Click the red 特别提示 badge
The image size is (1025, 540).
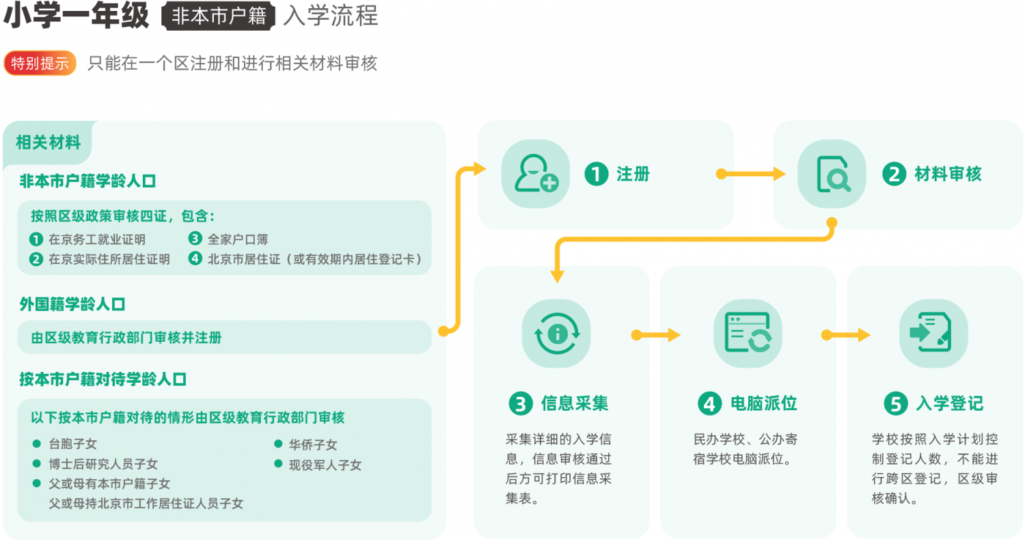40,63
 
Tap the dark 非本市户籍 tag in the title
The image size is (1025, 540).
218,16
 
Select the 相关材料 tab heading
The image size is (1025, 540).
48,142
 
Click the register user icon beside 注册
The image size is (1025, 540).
536,174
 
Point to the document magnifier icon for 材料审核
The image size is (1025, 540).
832,174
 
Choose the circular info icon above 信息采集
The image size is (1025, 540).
556,334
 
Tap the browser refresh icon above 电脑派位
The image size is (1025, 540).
748,334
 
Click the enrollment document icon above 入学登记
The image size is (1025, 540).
933,334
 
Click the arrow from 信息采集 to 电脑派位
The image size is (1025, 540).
655,335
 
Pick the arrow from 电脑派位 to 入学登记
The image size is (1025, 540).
846,335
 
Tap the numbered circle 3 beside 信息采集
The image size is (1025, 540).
521,403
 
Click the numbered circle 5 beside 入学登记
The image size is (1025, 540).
895,403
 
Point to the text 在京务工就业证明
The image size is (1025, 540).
97,239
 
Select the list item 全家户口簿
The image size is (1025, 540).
238,239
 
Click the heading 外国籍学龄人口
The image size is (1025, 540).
72,304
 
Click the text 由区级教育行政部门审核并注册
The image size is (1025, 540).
126,338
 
